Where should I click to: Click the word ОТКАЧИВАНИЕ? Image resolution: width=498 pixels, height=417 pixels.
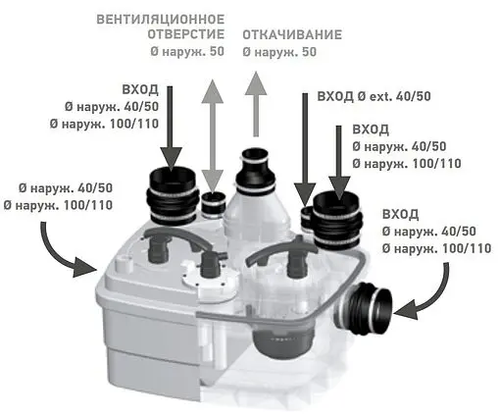pos(292,34)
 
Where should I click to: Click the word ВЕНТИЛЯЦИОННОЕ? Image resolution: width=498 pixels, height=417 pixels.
pos(161,20)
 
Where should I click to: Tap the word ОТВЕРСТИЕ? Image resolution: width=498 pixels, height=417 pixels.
pos(186,34)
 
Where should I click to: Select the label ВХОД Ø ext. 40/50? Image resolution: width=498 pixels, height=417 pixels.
pos(374,96)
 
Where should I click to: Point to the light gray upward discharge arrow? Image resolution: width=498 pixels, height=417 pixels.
pos(256,104)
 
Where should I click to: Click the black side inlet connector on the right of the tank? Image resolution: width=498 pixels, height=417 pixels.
pos(363,306)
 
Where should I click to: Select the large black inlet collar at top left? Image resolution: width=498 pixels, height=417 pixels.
pos(174,196)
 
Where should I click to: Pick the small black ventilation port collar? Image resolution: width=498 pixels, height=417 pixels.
pos(214,205)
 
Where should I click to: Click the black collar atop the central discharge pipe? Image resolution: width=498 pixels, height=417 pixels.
pos(256,170)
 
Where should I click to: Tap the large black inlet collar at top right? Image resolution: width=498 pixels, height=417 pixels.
pos(338,220)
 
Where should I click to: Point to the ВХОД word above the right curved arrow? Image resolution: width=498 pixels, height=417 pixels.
pos(400,214)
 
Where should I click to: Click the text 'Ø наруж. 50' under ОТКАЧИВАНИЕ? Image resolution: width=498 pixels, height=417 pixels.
pos(279,52)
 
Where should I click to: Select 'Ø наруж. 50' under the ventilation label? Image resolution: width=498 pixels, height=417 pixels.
pos(187,52)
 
